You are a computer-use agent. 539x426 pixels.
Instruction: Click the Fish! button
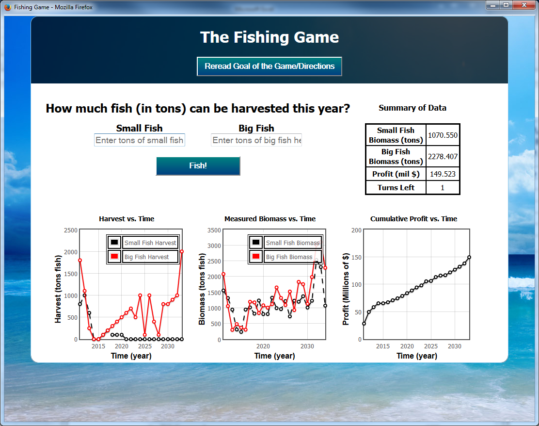pos(198,166)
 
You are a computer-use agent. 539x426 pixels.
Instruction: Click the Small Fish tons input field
pos(140,140)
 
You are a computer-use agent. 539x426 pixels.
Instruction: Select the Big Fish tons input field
pos(256,140)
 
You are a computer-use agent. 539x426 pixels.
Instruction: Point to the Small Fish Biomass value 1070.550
pos(443,135)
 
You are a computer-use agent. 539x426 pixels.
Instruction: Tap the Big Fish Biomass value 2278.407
pos(443,157)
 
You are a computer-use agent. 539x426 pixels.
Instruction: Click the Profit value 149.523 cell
pos(443,174)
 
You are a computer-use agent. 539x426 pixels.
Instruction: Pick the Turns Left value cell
pos(443,188)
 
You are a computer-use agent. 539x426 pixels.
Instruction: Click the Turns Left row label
pos(396,188)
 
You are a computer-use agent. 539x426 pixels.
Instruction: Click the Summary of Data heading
pos(412,108)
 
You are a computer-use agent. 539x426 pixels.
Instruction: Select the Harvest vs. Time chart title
pos(127,219)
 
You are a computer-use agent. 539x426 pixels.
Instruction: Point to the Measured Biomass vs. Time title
pos(270,219)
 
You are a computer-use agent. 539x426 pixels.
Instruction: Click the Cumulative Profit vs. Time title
pos(413,219)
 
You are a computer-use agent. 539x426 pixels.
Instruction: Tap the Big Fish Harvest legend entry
pos(143,257)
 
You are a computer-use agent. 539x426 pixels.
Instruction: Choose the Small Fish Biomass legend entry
pos(285,243)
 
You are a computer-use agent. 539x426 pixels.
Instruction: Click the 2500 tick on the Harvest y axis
pos(71,230)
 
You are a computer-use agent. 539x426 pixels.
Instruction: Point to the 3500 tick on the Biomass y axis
pos(214,230)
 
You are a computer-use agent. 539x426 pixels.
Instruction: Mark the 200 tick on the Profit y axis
pos(356,230)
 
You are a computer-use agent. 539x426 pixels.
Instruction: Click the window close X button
pos(524,5)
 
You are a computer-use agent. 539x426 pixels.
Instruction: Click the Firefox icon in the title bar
pos(8,7)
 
